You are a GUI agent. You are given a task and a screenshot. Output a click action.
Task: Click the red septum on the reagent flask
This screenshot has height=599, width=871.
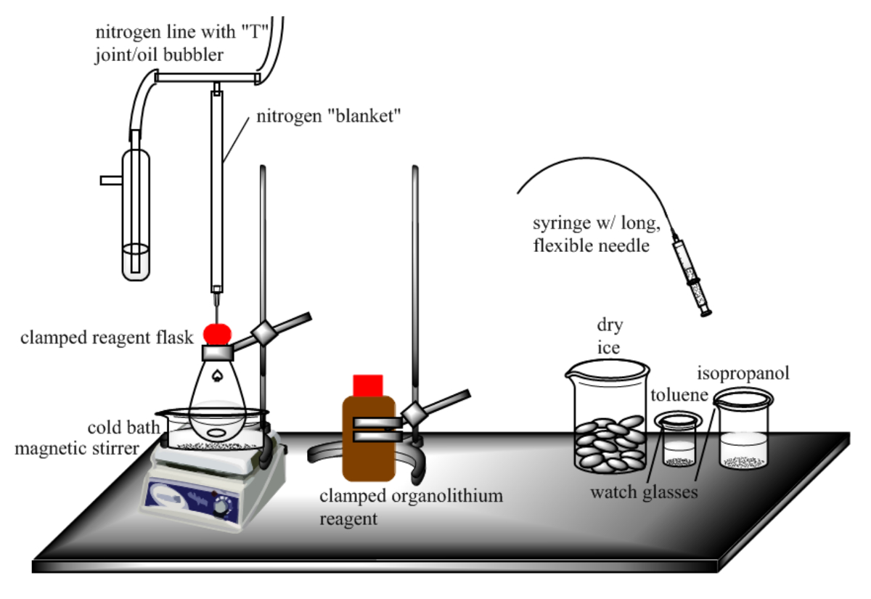217,334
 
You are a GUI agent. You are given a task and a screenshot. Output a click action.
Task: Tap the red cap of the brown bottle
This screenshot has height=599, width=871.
368,386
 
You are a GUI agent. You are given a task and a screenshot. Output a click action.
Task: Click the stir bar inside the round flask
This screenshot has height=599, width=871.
217,433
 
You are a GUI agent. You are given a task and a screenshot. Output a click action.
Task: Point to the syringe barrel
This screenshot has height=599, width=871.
692,276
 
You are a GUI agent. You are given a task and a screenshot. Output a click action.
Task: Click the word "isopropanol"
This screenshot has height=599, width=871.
743,374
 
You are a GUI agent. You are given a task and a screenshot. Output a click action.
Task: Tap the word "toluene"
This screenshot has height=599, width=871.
679,395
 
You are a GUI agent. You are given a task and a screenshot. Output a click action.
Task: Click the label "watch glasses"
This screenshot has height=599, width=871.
644,493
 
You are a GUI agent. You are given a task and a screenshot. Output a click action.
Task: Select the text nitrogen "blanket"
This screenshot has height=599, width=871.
329,116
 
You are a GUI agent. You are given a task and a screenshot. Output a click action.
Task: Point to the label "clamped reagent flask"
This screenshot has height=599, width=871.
107,338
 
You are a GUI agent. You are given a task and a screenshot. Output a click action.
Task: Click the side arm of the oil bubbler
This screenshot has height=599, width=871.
111,181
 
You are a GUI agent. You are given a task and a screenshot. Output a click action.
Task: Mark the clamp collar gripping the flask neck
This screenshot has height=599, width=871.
218,353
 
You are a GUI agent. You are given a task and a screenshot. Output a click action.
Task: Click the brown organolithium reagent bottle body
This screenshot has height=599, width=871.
369,439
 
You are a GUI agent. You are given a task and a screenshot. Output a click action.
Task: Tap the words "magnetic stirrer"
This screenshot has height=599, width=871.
77,449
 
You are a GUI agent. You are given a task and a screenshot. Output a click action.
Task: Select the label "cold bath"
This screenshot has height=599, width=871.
123,428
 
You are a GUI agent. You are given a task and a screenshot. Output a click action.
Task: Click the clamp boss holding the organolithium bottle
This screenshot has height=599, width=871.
414,414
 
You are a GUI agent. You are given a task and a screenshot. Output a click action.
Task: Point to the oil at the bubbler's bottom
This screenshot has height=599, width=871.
136,261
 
